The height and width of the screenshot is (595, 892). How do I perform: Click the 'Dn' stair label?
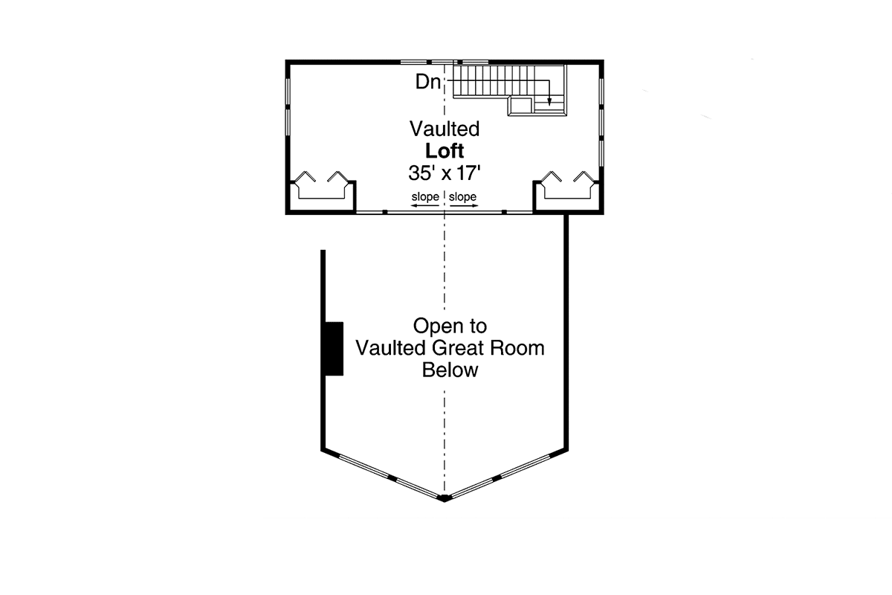pos(428,82)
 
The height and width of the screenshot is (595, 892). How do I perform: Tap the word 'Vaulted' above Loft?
pos(445,129)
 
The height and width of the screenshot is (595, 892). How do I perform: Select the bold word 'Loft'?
pos(445,151)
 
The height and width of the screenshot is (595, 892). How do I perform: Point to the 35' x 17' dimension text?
pos(445,173)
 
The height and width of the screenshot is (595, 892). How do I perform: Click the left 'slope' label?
pos(425,196)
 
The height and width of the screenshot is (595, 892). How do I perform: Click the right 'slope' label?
pos(462,196)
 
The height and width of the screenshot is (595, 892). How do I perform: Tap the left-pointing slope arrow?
pos(424,205)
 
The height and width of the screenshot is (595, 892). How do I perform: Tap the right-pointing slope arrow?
pos(464,205)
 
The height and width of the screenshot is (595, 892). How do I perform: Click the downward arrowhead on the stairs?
pos(549,102)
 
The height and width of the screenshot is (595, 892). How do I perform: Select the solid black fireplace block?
pos(334,349)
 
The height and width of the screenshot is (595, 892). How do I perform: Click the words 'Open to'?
pos(450,326)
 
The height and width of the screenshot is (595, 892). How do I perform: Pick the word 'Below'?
pos(450,370)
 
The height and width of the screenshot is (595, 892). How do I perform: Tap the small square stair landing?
pos(520,106)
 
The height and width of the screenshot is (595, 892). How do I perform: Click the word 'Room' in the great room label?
pos(517,348)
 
